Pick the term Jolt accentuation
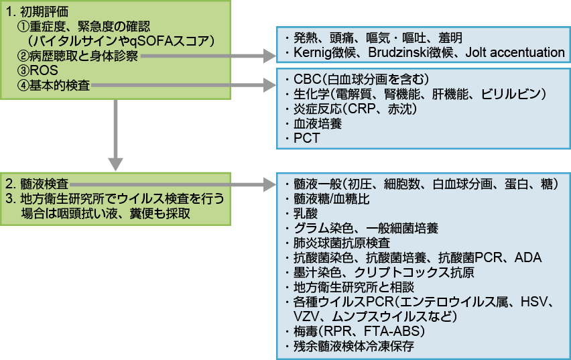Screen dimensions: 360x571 click(x=516, y=52)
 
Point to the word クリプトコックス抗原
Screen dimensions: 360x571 click(x=417, y=272)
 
